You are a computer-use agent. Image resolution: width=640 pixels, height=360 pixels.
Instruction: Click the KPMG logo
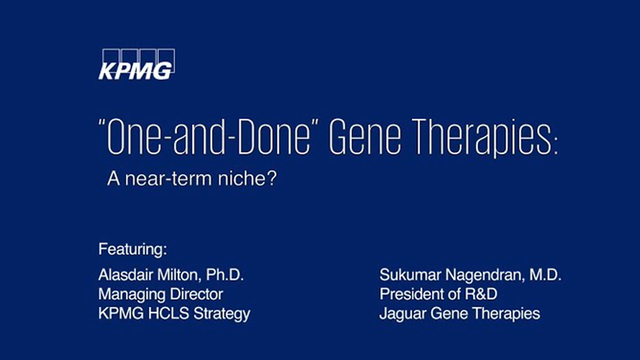tap(136, 64)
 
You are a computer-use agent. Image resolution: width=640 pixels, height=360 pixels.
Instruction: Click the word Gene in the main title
tap(365, 137)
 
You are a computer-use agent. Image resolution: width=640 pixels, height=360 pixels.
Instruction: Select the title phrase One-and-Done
tap(204, 137)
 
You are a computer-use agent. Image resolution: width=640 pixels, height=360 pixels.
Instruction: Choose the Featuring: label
tap(132, 249)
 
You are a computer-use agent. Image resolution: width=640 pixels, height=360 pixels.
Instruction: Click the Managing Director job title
tap(160, 294)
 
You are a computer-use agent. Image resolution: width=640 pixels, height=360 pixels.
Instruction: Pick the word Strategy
tap(221, 313)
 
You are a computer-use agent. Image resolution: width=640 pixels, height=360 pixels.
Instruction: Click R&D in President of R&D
tap(481, 294)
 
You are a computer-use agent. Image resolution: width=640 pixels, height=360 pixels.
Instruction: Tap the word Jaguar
tap(403, 313)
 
